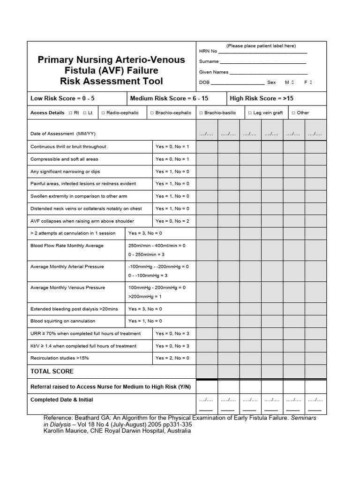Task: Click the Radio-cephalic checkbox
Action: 103,113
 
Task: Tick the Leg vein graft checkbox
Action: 250,113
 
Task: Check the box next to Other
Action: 293,113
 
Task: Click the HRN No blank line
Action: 262,52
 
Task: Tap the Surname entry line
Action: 262,62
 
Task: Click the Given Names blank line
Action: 268,73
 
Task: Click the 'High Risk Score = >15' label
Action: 262,98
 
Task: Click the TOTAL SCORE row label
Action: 52,371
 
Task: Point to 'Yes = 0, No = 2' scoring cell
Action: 172,221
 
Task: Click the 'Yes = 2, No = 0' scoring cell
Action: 172,358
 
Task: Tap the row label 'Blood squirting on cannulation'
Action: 63,321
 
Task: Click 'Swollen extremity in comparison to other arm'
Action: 79,196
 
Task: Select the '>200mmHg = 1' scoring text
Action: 145,297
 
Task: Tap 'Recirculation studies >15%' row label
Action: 60,358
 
